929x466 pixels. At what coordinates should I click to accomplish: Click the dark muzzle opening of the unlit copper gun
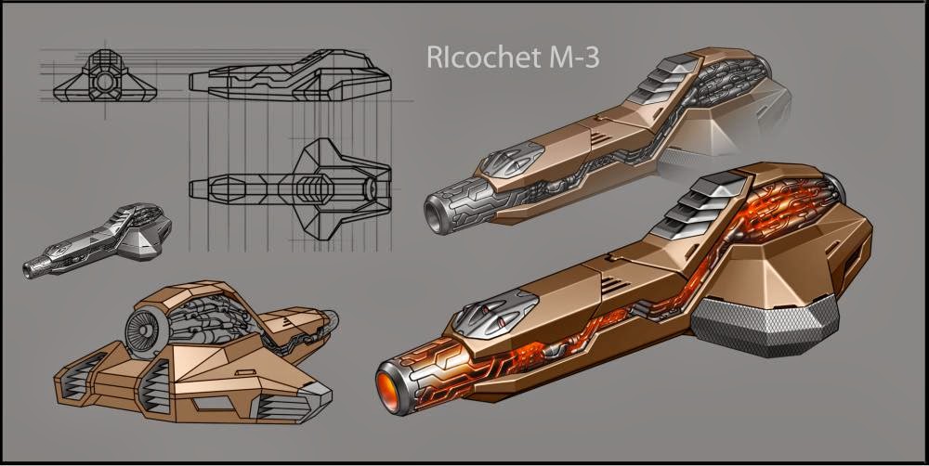click(x=433, y=213)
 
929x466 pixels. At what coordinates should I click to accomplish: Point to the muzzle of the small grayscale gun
click(x=33, y=267)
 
